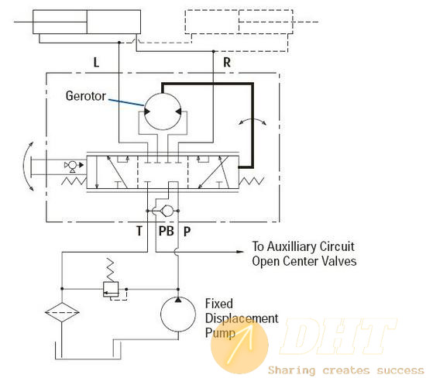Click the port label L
[x=96, y=62]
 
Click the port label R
[x=227, y=62]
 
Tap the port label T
[x=139, y=231]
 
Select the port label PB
[x=167, y=231]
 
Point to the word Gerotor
[x=85, y=96]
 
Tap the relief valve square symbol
[x=111, y=290]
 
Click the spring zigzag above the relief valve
[x=110, y=270]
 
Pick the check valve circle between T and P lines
[x=167, y=211]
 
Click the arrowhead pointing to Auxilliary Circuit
[x=240, y=252]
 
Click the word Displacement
[x=242, y=318]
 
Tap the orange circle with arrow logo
[x=239, y=345]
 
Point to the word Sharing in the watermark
[x=292, y=370]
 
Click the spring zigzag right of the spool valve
[x=251, y=181]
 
